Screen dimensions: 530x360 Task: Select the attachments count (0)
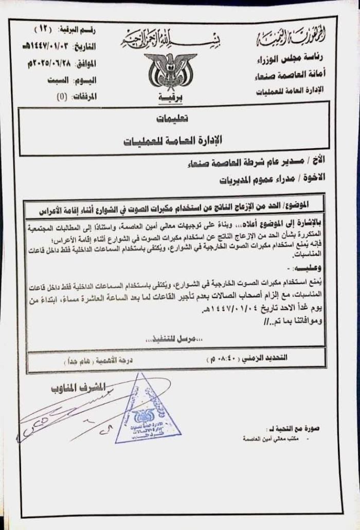(x=61, y=96)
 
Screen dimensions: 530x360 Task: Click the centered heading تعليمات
(x=172, y=118)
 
